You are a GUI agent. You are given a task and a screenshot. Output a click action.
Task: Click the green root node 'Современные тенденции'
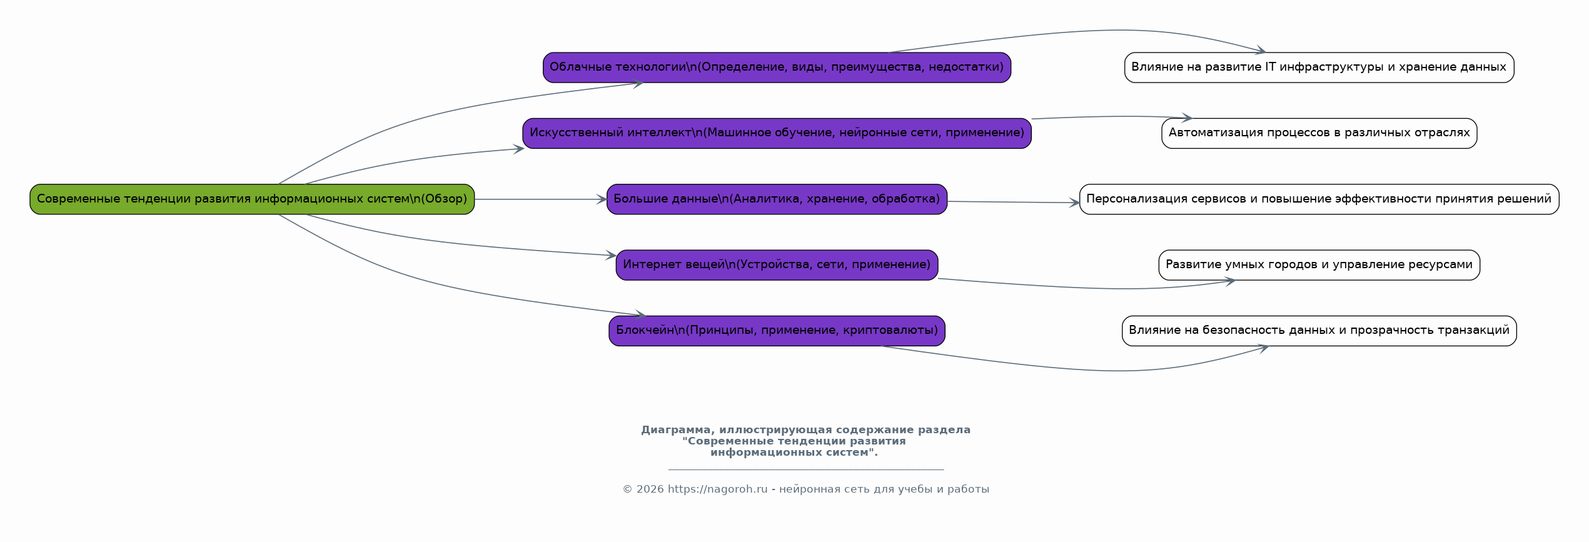(252, 199)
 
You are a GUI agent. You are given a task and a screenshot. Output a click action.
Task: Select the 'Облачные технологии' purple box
(777, 68)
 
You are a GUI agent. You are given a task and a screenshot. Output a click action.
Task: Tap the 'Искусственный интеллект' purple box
(777, 133)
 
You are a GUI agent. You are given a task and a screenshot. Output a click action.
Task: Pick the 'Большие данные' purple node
(777, 199)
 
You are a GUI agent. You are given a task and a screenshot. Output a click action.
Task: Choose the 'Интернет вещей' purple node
(777, 265)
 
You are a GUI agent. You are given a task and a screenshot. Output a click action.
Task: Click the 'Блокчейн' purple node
(777, 331)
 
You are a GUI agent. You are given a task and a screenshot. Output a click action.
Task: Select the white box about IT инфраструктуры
(1319, 68)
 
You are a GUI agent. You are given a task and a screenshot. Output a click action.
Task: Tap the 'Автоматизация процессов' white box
(1319, 133)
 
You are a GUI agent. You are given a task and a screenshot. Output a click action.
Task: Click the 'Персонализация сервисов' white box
(1319, 199)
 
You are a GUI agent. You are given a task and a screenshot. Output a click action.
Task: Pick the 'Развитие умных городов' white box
(1319, 265)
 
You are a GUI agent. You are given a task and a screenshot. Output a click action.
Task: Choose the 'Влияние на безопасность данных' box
(1319, 331)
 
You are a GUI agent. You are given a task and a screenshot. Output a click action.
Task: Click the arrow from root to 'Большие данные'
(541, 199)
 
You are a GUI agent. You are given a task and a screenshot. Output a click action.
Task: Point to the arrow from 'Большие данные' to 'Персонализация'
(1013, 202)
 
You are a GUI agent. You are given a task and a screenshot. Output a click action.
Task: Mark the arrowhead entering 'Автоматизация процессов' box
(1186, 118)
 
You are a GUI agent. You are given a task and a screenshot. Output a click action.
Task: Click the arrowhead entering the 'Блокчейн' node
(640, 314)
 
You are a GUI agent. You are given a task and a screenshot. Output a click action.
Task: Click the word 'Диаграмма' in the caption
(678, 430)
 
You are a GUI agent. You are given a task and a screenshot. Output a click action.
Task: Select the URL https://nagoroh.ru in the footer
(717, 489)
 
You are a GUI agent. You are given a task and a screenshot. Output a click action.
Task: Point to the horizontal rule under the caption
(805, 469)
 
